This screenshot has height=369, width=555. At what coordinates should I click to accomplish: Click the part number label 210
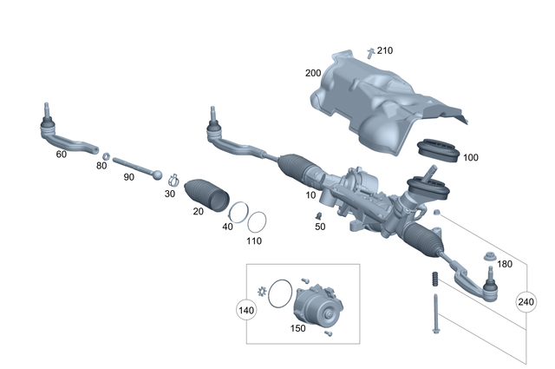click(x=384, y=50)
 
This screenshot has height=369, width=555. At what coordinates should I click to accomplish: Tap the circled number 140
click(x=247, y=309)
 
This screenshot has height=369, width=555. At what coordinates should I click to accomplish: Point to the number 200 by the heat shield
click(x=314, y=73)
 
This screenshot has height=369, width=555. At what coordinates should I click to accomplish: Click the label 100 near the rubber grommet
click(x=471, y=158)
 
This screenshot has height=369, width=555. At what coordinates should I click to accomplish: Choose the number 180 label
click(x=505, y=263)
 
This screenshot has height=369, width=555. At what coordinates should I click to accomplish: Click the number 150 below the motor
click(x=297, y=329)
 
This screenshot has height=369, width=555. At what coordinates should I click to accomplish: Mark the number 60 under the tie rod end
click(x=61, y=154)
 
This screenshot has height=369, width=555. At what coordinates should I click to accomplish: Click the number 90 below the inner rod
click(x=128, y=176)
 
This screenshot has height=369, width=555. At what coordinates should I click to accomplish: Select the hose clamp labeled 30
click(x=173, y=181)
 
